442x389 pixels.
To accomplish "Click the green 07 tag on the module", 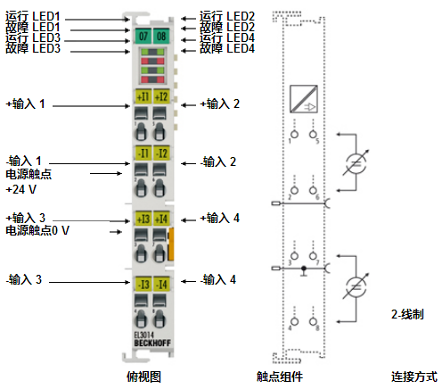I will (x=143, y=37).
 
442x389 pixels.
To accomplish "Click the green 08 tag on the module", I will (x=161, y=37).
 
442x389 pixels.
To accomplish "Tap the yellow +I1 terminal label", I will (x=143, y=96).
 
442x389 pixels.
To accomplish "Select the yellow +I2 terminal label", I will (x=161, y=96).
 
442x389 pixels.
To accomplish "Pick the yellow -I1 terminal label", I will (x=143, y=154).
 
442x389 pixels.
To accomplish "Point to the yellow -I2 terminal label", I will (x=161, y=154).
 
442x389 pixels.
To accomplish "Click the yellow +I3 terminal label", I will (x=143, y=219).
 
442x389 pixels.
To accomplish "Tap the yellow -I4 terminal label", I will (x=161, y=285).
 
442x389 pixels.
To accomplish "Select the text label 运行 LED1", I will (x=33, y=16).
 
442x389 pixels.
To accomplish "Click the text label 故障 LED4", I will (x=227, y=48).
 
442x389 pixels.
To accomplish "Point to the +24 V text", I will (x=21, y=189).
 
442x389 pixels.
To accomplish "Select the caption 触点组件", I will (x=274, y=377).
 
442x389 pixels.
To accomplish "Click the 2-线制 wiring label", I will (x=406, y=315).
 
